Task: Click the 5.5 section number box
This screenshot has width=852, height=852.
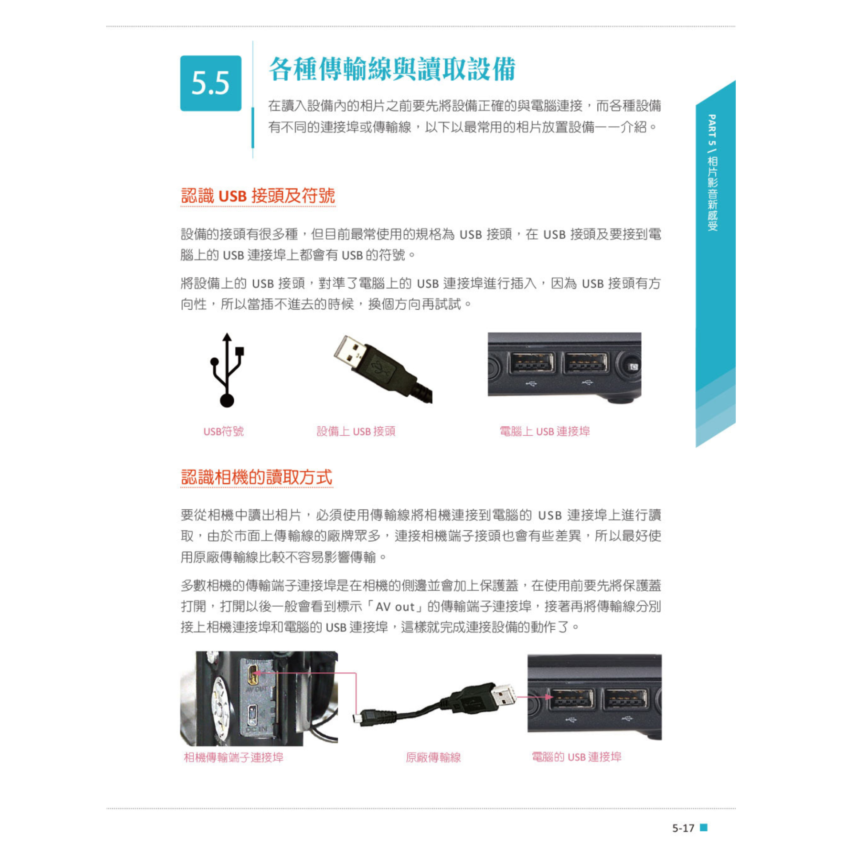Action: pos(210,83)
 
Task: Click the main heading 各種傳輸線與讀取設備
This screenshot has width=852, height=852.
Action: pos(392,69)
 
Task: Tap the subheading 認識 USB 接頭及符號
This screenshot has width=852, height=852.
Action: pos(258,196)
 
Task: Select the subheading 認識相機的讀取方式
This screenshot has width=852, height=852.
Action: pos(256,477)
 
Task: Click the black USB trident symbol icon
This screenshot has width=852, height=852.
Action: pos(227,370)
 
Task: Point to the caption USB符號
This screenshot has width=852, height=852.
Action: pos(223,431)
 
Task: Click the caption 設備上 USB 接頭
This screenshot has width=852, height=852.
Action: pos(356,431)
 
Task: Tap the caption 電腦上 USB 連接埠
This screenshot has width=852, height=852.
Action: pos(544,431)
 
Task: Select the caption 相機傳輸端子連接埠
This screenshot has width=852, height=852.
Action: pos(233,757)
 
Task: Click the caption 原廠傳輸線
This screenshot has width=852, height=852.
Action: pos(433,757)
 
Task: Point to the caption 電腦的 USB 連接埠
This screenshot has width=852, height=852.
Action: pos(576,757)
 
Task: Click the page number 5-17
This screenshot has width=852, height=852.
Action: pos(683,828)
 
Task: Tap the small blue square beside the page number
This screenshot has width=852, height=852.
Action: pos(703,827)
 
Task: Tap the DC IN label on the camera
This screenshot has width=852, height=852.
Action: pos(257,730)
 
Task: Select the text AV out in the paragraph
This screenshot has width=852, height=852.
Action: pos(394,607)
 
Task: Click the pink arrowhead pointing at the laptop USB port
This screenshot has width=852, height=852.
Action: pos(551,697)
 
